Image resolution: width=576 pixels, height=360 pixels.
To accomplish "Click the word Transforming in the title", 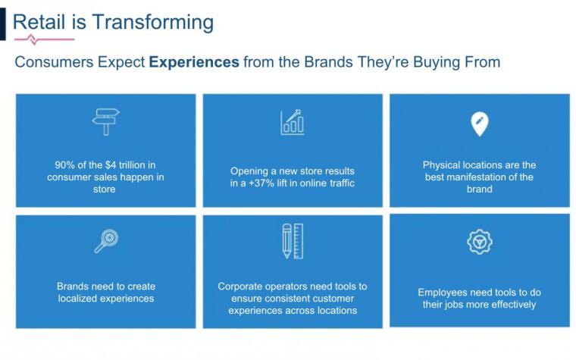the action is (153, 23).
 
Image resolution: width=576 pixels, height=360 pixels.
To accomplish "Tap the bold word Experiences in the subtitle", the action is (194, 62).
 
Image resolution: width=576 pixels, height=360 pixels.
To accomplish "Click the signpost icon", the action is (106, 121).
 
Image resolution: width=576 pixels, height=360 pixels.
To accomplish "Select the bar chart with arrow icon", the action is (293, 122).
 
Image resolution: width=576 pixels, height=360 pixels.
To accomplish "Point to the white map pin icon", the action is (480, 124).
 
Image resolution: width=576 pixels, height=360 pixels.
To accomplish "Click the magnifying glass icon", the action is (106, 241).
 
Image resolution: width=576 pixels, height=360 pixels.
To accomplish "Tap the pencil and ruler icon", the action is (293, 241).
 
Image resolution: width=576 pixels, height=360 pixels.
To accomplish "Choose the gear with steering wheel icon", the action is (480, 242).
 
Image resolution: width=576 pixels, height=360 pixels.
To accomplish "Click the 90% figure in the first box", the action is (64, 165).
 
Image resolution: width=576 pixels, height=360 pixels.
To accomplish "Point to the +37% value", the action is (261, 183).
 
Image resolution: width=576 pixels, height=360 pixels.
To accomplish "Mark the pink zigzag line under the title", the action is (45, 39).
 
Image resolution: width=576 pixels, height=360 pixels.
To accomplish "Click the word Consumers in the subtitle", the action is (54, 62).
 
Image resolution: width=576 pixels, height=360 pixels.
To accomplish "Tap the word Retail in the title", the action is (39, 22).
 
